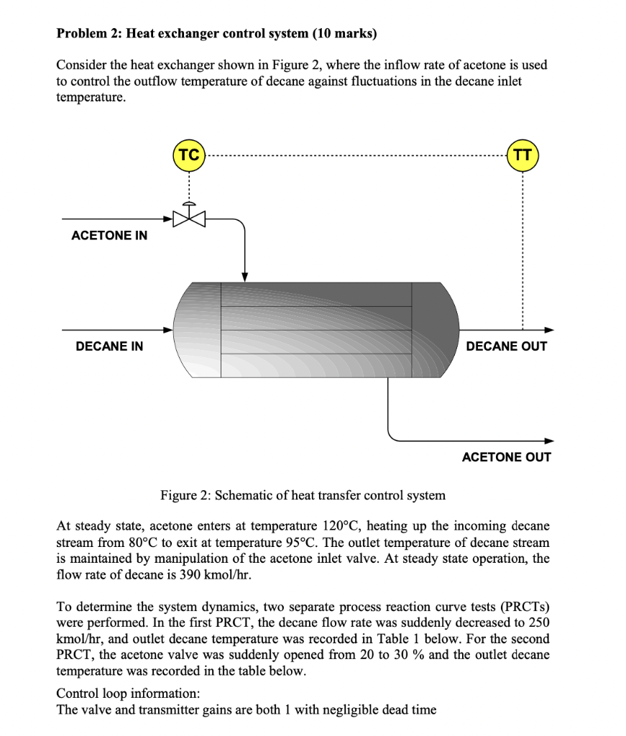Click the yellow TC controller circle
coord(189,155)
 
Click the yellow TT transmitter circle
coord(523,155)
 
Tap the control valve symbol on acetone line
coord(189,217)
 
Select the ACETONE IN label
coord(109,236)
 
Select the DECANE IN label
coord(109,346)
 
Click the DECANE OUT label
coord(507,346)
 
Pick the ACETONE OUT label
coord(506,457)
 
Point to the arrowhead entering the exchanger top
coord(244,277)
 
